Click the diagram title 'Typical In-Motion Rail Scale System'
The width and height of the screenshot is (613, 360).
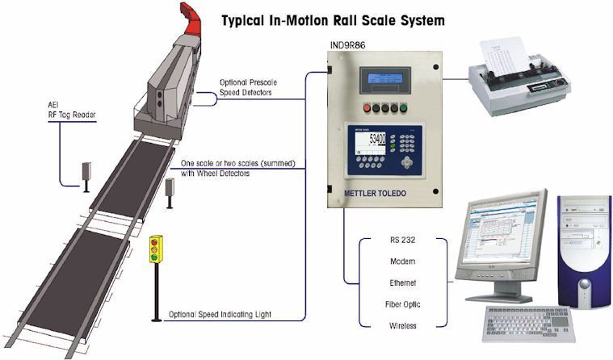tap(332, 17)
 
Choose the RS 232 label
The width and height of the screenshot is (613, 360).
tap(401, 240)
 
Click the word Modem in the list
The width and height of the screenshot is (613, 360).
tap(401, 262)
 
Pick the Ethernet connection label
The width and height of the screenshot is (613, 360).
tap(401, 283)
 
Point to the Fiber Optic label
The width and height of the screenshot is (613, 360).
tap(401, 304)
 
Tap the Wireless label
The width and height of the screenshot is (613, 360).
tap(401, 325)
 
